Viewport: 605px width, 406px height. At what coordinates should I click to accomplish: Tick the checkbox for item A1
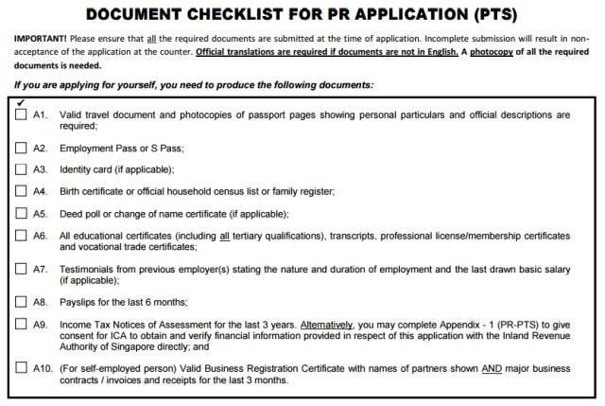click(x=21, y=115)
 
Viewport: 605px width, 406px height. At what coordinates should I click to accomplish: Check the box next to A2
click(x=21, y=149)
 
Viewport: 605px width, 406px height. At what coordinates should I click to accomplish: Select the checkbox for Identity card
click(x=21, y=169)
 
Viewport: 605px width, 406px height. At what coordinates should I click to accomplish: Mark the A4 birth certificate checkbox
click(x=21, y=191)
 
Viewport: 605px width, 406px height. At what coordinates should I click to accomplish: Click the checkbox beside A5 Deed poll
click(x=21, y=213)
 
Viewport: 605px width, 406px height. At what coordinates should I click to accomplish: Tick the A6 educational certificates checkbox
click(x=21, y=235)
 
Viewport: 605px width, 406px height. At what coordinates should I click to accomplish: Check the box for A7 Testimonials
click(x=21, y=269)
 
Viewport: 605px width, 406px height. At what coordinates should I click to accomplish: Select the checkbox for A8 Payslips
click(x=21, y=303)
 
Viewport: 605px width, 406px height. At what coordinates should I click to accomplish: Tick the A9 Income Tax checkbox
click(x=21, y=325)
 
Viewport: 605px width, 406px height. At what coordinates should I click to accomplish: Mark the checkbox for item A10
click(x=21, y=368)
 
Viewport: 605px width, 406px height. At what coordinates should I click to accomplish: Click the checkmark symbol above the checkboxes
click(x=21, y=101)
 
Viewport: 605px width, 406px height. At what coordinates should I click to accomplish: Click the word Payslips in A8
click(x=78, y=303)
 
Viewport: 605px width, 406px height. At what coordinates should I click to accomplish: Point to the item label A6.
click(x=40, y=235)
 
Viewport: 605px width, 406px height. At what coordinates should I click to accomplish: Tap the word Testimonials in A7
click(x=88, y=269)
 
